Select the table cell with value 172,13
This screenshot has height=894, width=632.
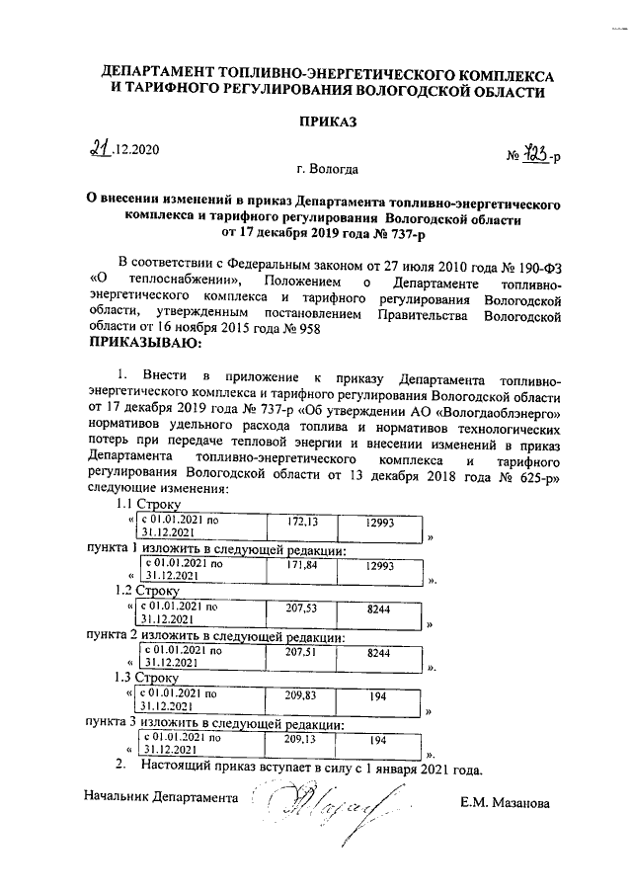click(x=293, y=521)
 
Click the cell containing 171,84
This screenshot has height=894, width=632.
click(x=293, y=565)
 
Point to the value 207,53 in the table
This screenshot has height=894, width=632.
click(x=293, y=610)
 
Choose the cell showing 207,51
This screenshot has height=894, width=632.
click(x=293, y=653)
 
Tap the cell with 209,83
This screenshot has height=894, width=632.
click(x=293, y=695)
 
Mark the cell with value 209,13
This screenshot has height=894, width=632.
click(x=293, y=738)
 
